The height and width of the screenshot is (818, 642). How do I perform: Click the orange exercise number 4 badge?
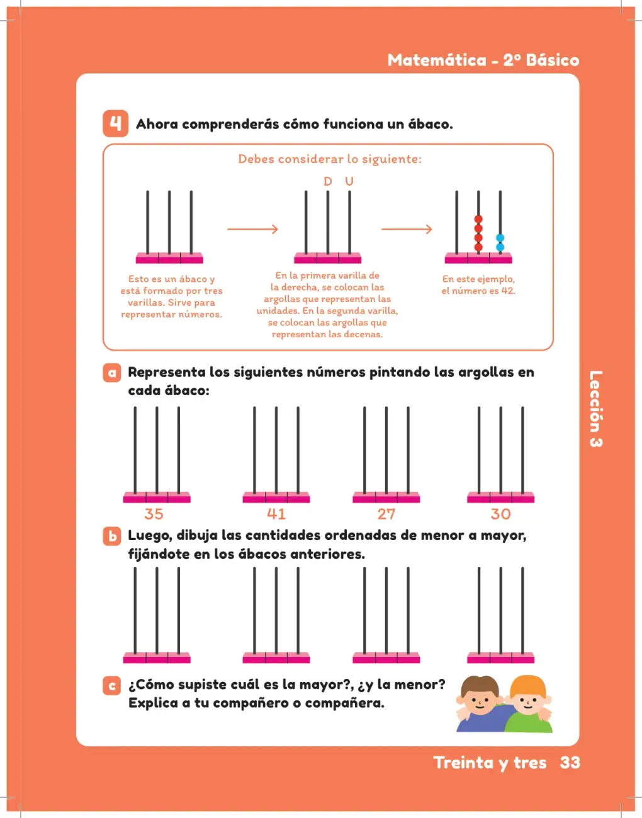tap(115, 123)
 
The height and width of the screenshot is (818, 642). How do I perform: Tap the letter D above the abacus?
tap(327, 181)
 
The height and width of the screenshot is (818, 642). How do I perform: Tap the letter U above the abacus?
tap(349, 181)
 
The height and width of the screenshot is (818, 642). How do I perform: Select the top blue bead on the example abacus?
tap(500, 238)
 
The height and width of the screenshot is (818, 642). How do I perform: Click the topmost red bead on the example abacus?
tap(478, 220)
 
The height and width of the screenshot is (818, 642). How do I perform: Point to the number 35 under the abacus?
tap(154, 514)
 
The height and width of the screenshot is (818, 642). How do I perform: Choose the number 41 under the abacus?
tap(276, 514)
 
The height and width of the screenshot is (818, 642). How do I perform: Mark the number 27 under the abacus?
tap(386, 514)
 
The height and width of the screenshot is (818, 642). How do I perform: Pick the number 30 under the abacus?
tap(500, 514)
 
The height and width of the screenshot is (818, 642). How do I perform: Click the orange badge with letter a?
tap(112, 373)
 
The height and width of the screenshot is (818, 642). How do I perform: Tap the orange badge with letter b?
tap(112, 536)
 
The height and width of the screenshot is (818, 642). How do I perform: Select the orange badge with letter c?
tap(112, 685)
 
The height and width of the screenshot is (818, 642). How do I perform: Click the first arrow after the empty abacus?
tap(252, 229)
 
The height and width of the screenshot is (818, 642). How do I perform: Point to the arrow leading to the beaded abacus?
tap(407, 229)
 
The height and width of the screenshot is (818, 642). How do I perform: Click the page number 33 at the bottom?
tap(570, 762)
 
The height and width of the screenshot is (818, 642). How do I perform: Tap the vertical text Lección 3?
tap(596, 409)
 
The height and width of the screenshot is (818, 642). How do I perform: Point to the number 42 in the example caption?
tap(507, 291)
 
